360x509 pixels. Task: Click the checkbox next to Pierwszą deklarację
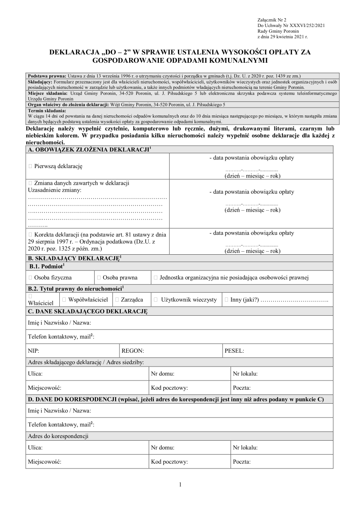tap(30, 166)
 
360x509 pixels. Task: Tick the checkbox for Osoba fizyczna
tap(30, 277)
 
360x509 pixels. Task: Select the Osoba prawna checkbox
tap(99, 277)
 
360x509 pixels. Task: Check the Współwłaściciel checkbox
tap(64, 300)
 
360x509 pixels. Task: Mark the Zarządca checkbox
tap(117, 300)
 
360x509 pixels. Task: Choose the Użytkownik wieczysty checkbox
tap(156, 300)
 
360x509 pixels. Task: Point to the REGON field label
tap(132, 350)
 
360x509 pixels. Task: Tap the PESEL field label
tap(234, 350)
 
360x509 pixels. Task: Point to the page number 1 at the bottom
tap(180, 484)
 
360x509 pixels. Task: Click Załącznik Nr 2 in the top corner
tap(272, 20)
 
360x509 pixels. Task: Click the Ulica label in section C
tap(35, 374)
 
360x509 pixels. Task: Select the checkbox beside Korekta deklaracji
tap(30, 234)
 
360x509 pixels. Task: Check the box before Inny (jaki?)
tap(226, 300)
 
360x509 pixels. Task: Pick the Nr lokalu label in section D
tap(245, 447)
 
